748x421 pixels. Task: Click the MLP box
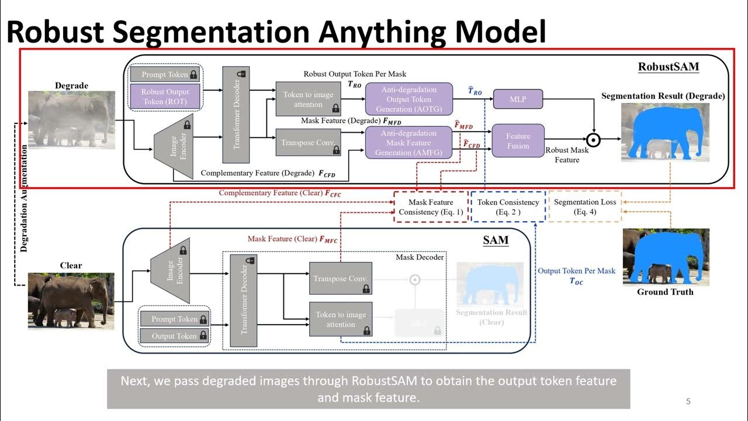pos(518,99)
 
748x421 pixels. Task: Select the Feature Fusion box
pos(518,141)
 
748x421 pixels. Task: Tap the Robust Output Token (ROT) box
pos(165,97)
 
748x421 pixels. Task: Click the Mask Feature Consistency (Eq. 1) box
pos(431,207)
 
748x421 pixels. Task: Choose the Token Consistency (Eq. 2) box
pos(507,207)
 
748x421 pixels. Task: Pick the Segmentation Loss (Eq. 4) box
pos(584,207)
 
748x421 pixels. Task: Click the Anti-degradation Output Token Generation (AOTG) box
pos(408,99)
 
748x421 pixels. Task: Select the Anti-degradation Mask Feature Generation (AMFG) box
pos(408,143)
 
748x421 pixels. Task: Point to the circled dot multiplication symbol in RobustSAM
pos(594,139)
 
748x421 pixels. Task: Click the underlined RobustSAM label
pos(668,66)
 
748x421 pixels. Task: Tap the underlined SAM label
pos(496,240)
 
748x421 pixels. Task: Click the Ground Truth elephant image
pos(666,257)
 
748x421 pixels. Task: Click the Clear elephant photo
pos(71,301)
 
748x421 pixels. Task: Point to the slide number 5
pos(688,401)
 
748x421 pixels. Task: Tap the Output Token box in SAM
pos(174,336)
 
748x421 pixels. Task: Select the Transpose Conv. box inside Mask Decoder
pos(340,278)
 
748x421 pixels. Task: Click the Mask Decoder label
pos(420,257)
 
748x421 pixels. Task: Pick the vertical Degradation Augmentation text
pos(24,199)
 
